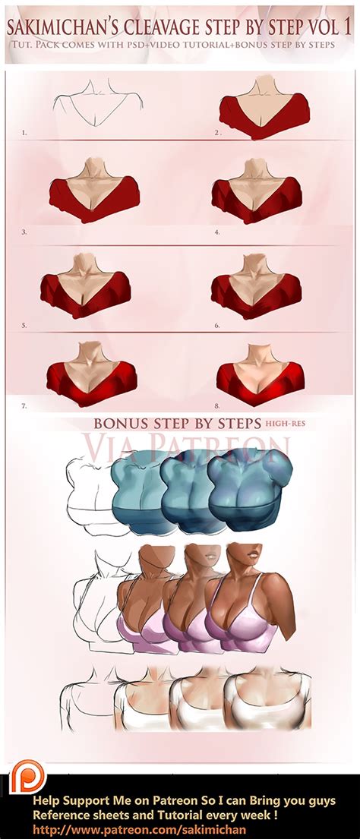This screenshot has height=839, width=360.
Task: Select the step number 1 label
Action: click(25, 132)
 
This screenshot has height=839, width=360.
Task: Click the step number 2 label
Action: click(217, 132)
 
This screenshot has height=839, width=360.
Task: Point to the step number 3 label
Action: click(25, 231)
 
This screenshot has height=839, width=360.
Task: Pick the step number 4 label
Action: click(217, 231)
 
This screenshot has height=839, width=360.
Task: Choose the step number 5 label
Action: click(25, 324)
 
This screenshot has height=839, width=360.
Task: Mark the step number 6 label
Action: click(217, 324)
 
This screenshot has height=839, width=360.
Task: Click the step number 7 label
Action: click(25, 405)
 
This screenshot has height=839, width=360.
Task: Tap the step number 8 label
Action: click(217, 405)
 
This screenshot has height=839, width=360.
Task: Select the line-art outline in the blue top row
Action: click(87, 494)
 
